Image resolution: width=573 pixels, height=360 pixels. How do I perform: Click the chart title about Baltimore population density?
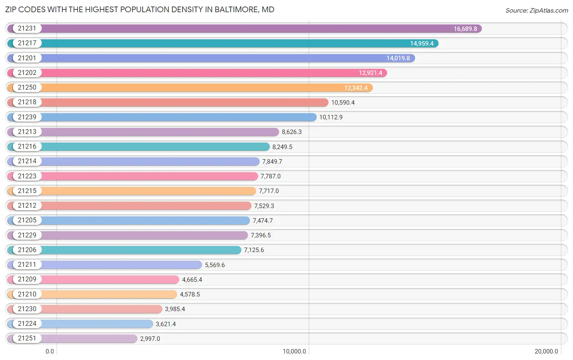click(x=139, y=9)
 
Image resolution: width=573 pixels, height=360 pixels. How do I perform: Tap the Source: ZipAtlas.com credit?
click(x=536, y=11)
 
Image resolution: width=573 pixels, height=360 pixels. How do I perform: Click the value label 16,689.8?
click(x=465, y=29)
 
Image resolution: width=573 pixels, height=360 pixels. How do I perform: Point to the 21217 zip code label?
click(x=27, y=43)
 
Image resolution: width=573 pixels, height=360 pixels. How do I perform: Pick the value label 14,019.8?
click(x=398, y=58)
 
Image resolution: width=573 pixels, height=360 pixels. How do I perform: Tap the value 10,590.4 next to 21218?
click(x=343, y=103)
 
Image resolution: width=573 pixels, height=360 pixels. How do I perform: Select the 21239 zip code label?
click(x=27, y=117)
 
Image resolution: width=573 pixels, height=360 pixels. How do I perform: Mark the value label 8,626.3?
click(x=291, y=132)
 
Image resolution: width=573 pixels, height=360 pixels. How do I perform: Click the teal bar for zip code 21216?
click(x=155, y=147)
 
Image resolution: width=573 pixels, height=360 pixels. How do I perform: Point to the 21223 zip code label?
click(x=27, y=176)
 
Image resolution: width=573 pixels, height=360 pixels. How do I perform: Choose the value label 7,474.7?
click(x=262, y=221)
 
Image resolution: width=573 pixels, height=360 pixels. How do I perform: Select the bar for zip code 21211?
click(x=122, y=265)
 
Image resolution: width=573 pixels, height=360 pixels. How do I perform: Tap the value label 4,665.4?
click(x=192, y=280)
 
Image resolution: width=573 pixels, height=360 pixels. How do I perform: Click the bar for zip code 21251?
click(x=90, y=338)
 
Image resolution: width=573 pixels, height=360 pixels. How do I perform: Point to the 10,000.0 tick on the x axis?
click(x=294, y=351)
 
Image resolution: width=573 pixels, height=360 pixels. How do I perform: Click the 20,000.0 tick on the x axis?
click(x=546, y=351)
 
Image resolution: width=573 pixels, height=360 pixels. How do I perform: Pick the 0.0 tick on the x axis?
click(x=50, y=351)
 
